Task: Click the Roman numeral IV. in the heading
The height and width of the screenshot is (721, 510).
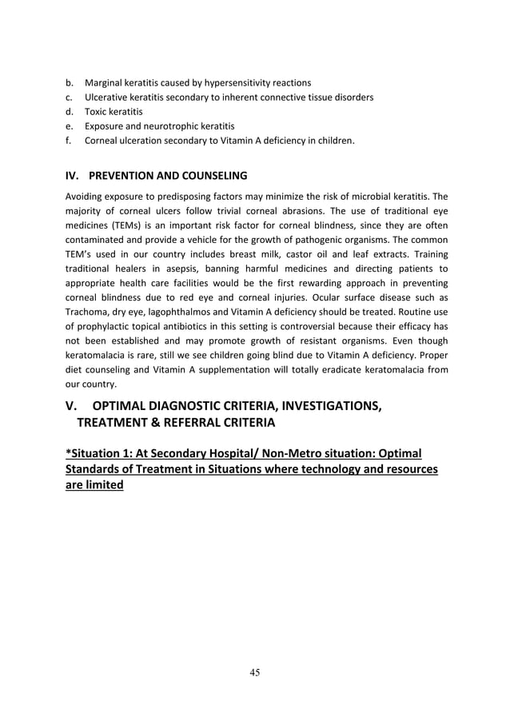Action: pos(72,175)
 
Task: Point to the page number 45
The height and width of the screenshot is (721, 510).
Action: pos(254,672)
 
